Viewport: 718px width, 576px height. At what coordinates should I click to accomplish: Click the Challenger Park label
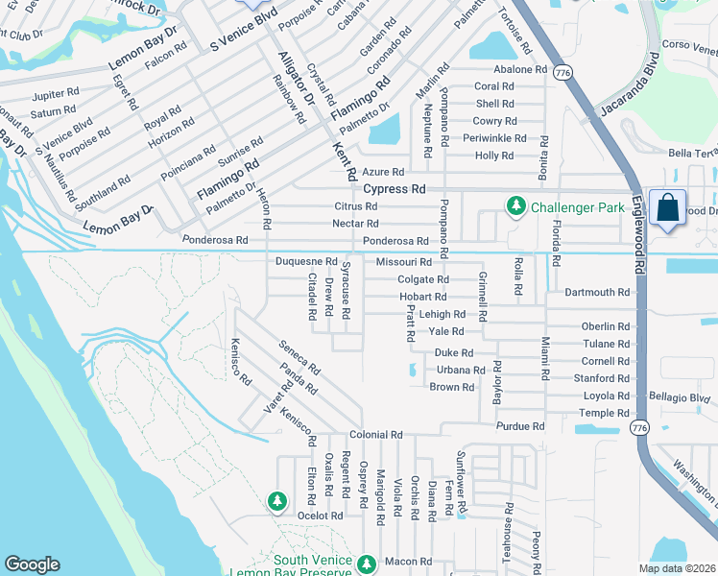click(575, 206)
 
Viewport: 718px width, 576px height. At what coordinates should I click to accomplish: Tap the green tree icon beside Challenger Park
click(516, 206)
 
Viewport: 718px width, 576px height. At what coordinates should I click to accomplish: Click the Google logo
click(32, 564)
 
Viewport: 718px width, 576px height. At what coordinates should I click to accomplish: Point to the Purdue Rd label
click(520, 426)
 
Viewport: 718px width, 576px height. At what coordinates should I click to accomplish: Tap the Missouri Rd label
click(403, 262)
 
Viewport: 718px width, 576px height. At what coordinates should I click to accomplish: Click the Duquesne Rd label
click(306, 261)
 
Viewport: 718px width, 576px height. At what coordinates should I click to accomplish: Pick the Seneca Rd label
click(299, 356)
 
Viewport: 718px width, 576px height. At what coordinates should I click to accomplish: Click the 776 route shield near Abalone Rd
click(563, 73)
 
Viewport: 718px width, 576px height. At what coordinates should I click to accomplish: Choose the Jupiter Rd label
click(55, 95)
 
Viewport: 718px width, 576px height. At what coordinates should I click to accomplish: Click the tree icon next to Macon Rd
click(365, 564)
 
